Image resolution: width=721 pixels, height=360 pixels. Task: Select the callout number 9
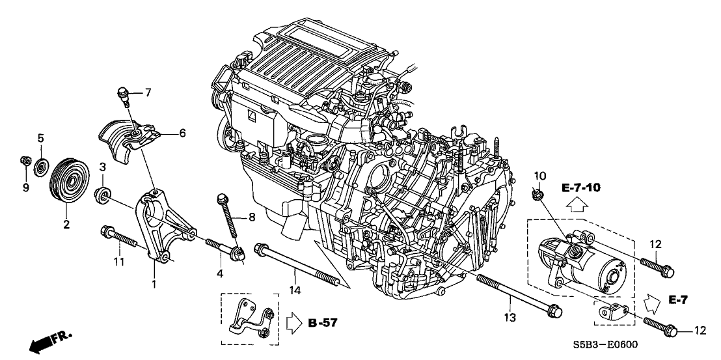coord(26,189)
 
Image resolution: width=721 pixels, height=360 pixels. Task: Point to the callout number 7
coord(148,92)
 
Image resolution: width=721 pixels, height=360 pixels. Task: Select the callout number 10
coord(539,176)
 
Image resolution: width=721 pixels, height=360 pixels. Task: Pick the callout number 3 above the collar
coord(102,169)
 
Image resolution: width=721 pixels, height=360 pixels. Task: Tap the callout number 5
coord(40,138)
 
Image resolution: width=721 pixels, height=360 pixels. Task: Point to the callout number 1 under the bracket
coord(153,284)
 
